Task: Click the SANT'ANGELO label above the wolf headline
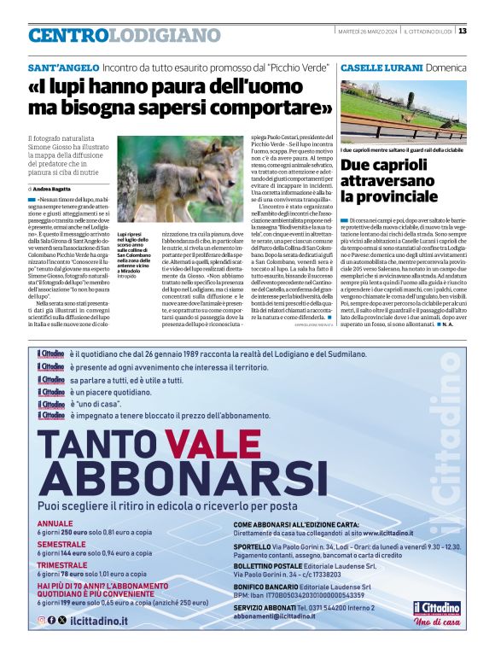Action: pos(62,67)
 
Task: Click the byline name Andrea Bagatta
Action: pos(55,188)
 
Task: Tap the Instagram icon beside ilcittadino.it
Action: pos(41,619)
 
